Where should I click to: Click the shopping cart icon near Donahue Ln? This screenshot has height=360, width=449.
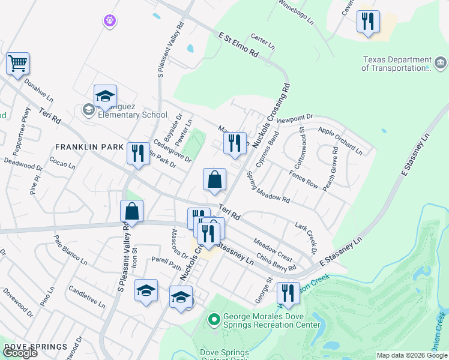click(18, 63)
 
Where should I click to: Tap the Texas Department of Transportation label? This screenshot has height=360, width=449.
click(397, 64)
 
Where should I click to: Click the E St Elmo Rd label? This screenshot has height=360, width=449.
click(238, 46)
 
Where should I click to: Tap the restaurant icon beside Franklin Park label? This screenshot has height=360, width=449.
click(138, 153)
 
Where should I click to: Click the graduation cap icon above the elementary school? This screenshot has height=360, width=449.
click(105, 96)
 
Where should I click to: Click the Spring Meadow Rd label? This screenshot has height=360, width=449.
click(268, 190)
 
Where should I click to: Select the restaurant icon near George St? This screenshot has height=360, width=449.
click(288, 293)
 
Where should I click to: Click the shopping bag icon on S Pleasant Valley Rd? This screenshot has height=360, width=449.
click(132, 211)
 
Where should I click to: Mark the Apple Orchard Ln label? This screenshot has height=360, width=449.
click(340, 140)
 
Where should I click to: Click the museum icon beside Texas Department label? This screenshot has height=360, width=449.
click(440, 62)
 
